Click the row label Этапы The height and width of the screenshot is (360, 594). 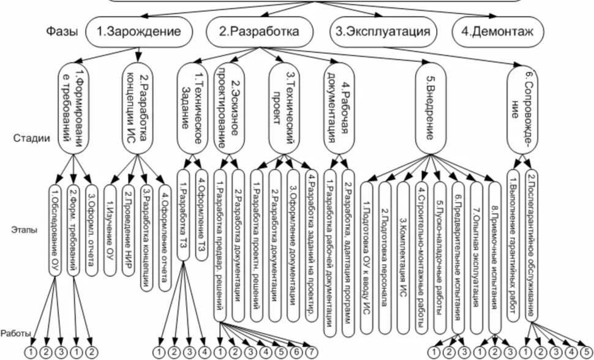(26, 230)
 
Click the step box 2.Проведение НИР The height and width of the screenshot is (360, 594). (128, 229)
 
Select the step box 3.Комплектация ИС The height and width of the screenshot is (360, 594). (402, 251)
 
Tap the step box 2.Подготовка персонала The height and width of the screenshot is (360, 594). (385, 251)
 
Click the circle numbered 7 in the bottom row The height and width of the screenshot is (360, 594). (311, 352)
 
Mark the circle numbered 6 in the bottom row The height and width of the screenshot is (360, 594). (296, 352)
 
